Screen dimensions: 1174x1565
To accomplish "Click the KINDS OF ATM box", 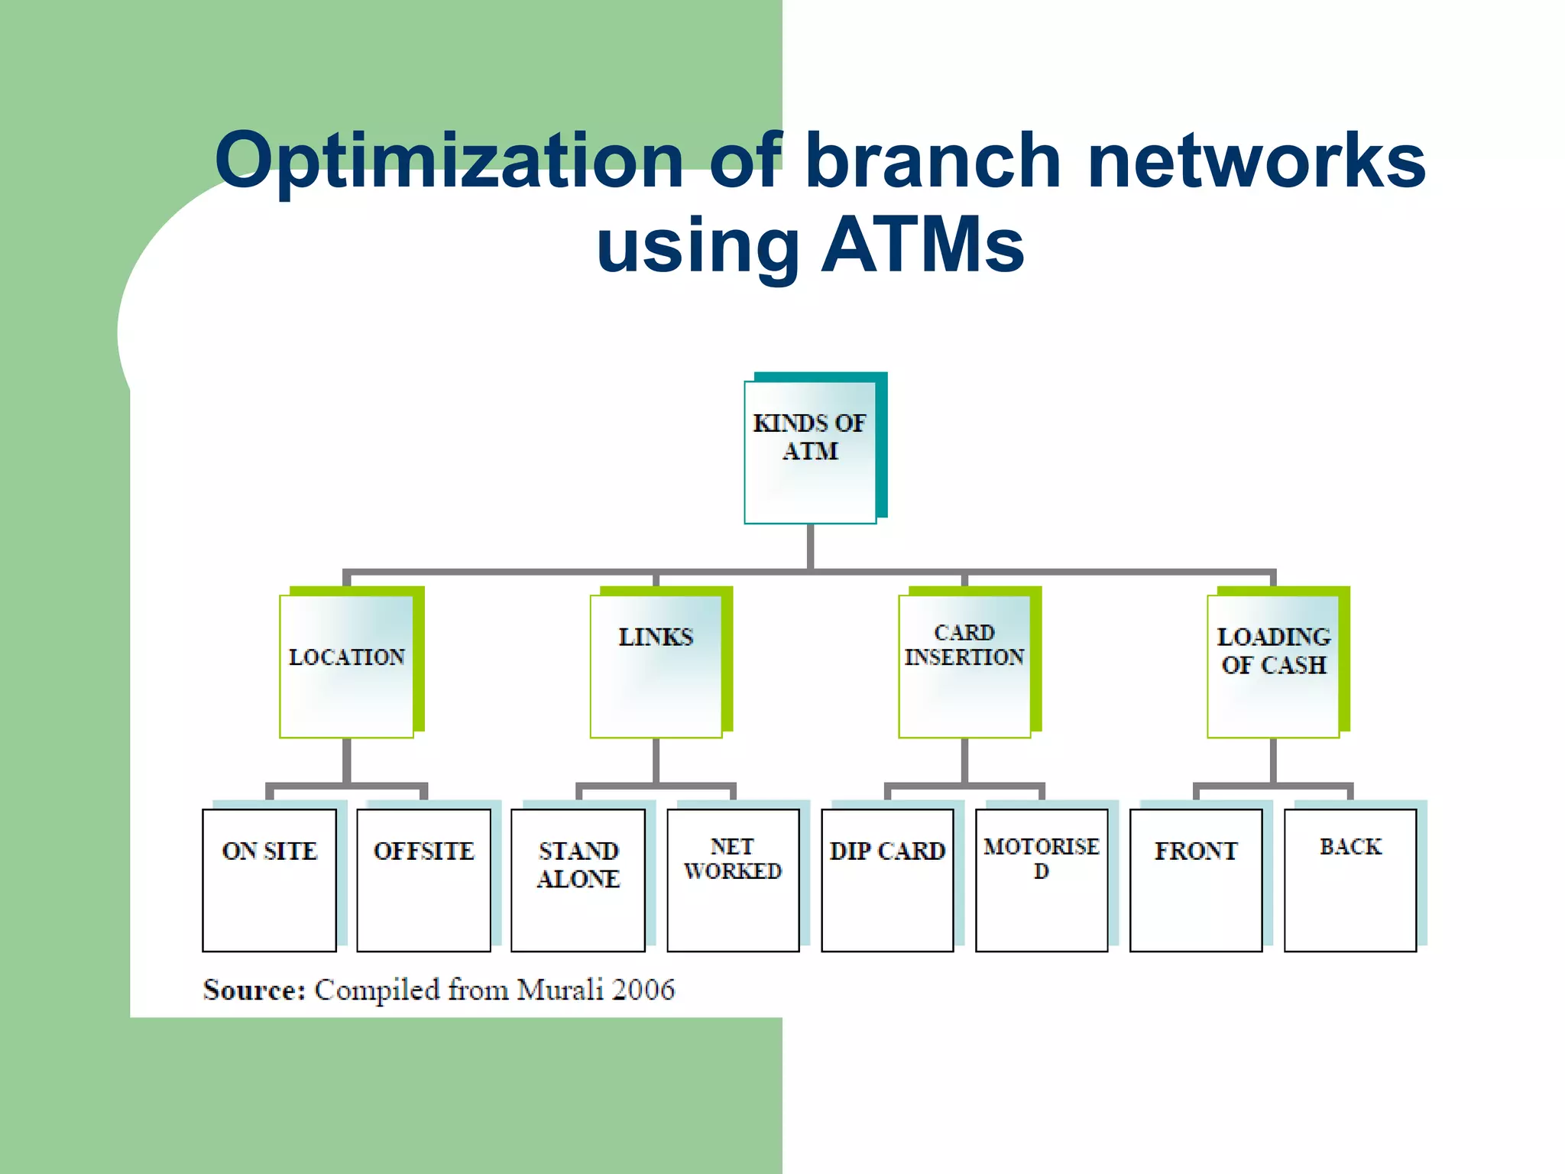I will tap(810, 452).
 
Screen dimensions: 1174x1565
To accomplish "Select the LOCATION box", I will tap(346, 666).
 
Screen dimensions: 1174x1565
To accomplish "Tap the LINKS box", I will tap(656, 666).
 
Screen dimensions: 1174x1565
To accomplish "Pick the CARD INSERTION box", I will tap(964, 666).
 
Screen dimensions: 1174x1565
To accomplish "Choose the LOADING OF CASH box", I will tap(1273, 666).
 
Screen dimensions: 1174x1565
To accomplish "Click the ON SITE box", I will tap(269, 880).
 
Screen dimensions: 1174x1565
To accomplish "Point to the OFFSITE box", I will tap(423, 880).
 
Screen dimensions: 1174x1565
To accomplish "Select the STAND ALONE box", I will tap(578, 880).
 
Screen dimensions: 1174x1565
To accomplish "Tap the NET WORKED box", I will tap(733, 880).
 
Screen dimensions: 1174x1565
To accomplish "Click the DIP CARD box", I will tap(887, 880).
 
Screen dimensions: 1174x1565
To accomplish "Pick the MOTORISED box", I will tap(1042, 880).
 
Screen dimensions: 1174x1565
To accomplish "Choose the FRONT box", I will tap(1196, 880).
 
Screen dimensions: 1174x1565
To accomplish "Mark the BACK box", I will tap(1350, 880).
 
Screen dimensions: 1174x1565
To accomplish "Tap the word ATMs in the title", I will tap(922, 245).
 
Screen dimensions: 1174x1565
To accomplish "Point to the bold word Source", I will tap(254, 990).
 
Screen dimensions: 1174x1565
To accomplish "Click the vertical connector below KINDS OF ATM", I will tap(810, 547).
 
